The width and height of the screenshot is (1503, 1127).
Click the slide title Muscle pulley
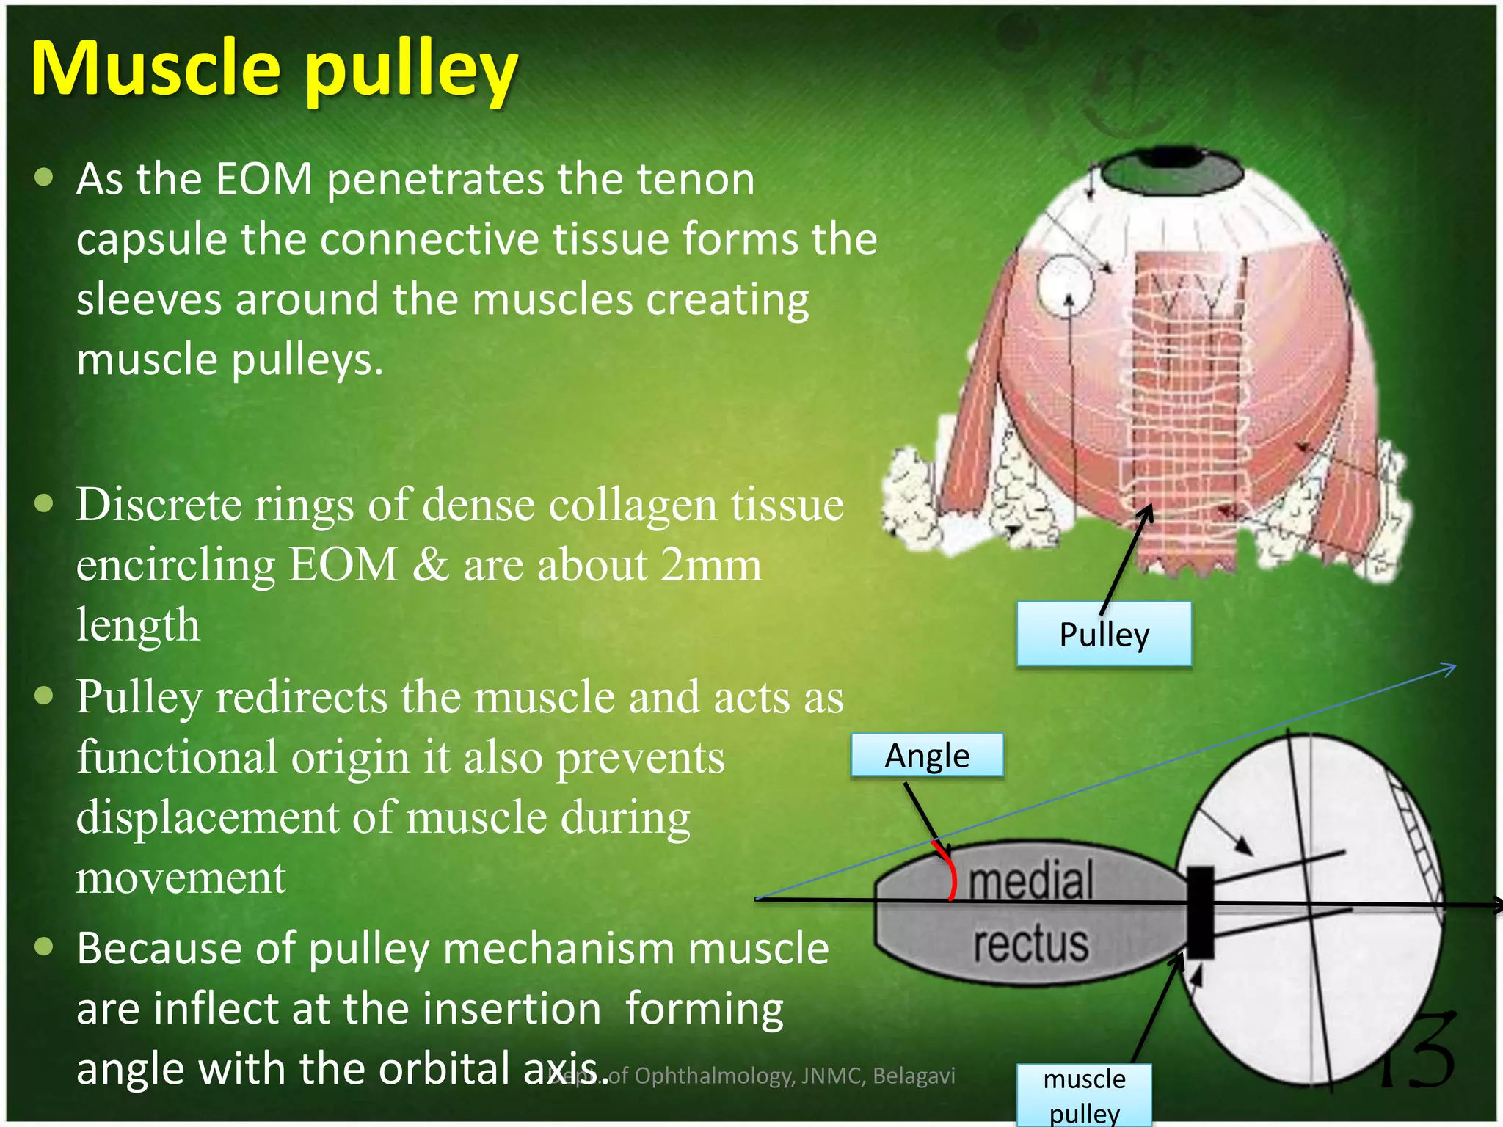273,70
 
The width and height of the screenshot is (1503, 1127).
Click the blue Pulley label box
1104,635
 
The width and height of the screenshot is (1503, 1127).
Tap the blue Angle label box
927,756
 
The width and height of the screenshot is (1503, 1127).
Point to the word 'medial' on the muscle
1030,880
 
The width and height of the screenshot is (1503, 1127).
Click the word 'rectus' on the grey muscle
1030,944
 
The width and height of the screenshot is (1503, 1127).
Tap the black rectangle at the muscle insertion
1201,912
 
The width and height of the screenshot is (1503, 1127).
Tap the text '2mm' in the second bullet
710,565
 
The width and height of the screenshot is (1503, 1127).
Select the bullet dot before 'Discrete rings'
44,503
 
